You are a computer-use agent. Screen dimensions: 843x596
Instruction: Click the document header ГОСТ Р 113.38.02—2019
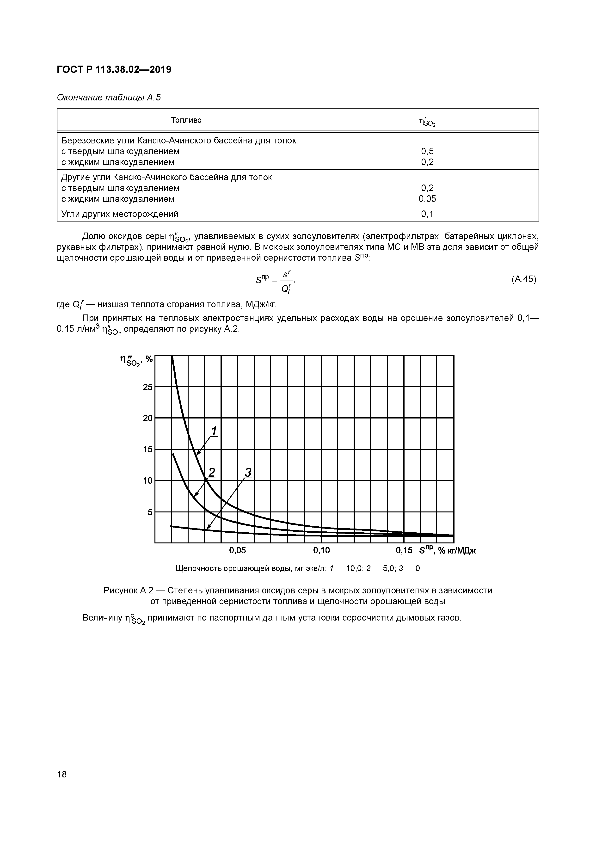(114, 69)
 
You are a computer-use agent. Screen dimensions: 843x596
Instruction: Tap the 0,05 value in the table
(427, 199)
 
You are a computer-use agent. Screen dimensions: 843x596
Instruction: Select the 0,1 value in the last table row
(427, 214)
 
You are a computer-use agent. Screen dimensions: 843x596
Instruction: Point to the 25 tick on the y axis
(148, 387)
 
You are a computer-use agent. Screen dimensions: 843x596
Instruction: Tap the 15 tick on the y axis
(148, 449)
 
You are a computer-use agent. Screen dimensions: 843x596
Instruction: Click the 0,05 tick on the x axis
(237, 550)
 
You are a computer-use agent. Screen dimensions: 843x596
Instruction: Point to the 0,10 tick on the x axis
(321, 550)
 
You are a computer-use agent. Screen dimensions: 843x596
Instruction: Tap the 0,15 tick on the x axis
(404, 550)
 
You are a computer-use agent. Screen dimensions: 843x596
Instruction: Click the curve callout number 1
(214, 430)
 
